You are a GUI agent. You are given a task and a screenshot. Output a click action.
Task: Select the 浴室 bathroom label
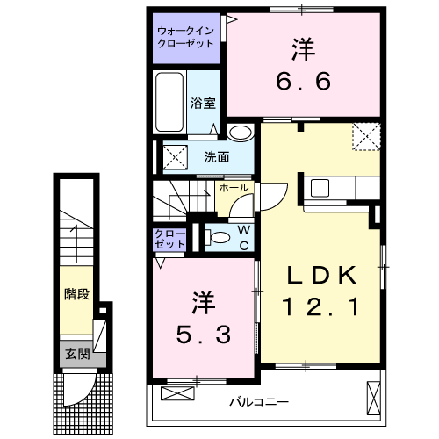tap(202, 102)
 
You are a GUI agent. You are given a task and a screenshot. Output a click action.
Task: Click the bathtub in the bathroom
tap(170, 102)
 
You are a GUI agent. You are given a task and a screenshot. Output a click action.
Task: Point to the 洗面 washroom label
tap(217, 158)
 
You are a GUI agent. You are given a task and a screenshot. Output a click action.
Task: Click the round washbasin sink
tap(240, 133)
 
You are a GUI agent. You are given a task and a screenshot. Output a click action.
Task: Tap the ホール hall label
tap(234, 188)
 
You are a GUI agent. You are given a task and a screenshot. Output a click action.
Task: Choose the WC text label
tap(243, 237)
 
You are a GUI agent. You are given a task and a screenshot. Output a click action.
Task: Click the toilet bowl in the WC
tap(215, 236)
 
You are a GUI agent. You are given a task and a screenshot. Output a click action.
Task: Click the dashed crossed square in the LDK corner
tap(364, 136)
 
